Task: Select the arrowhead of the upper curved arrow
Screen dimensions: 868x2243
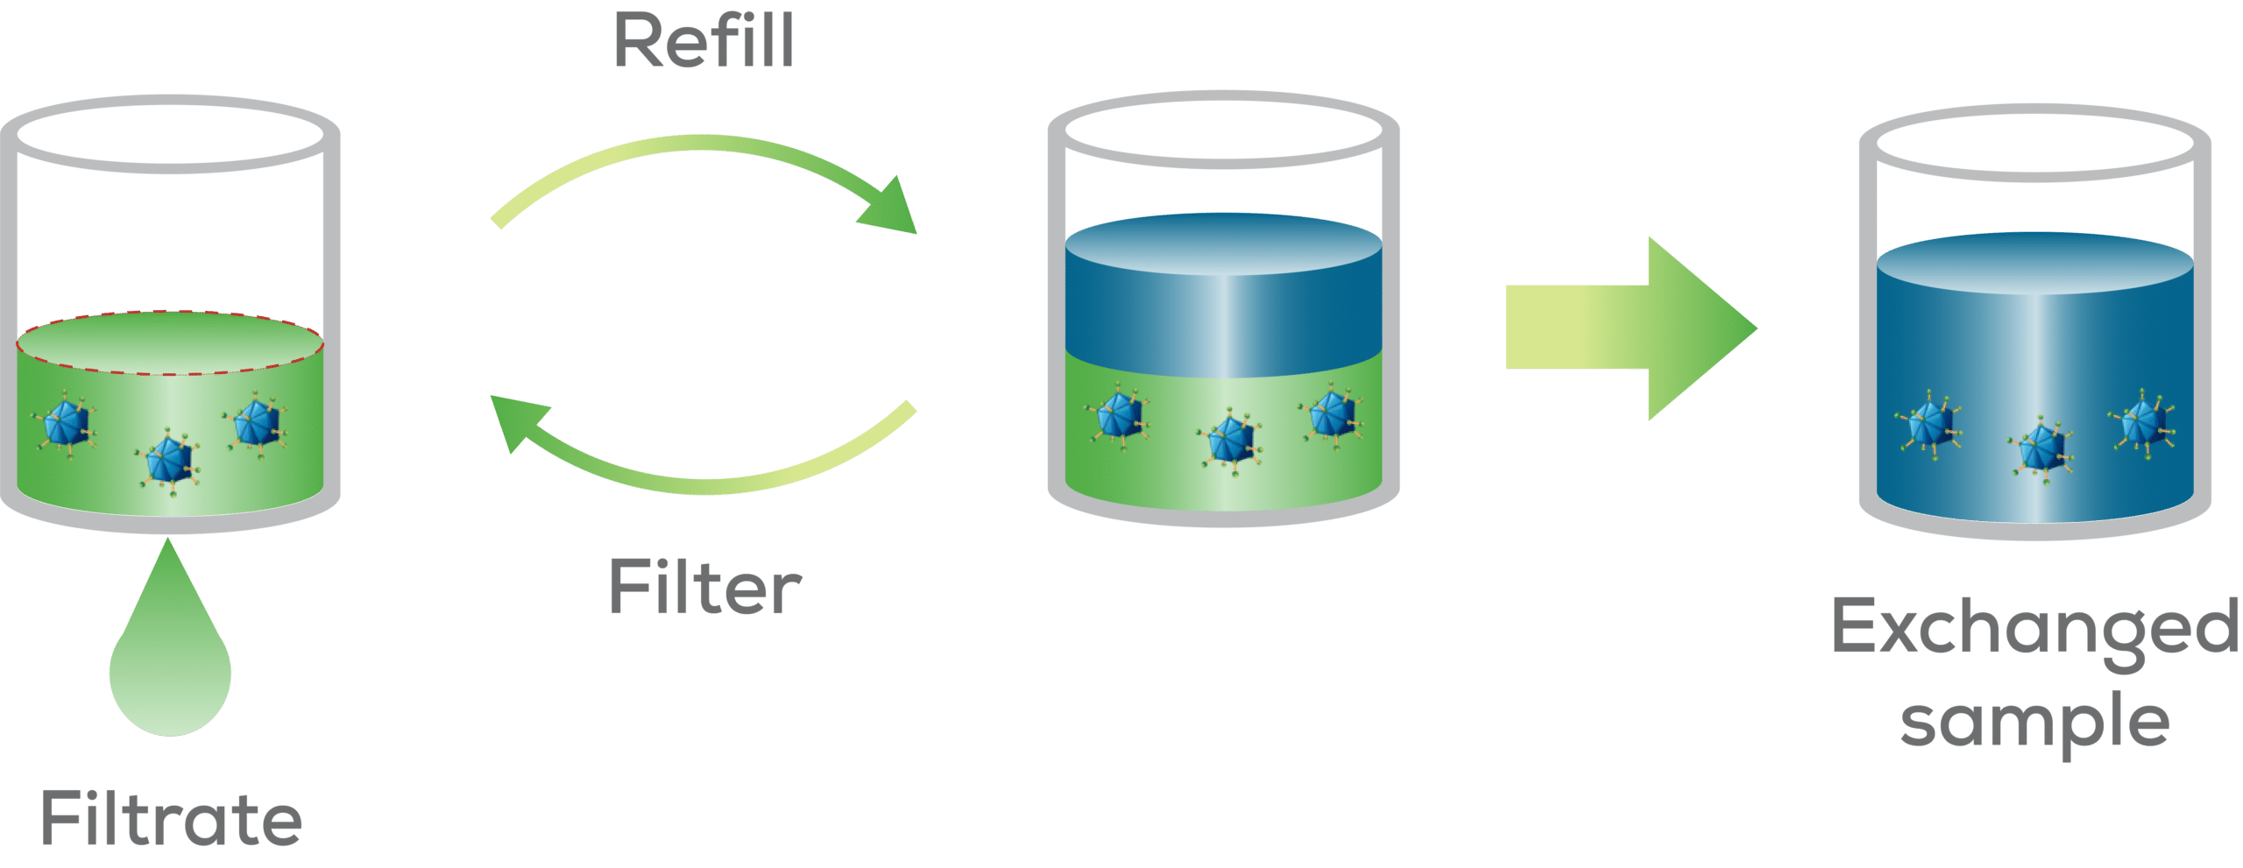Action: pyautogui.click(x=889, y=208)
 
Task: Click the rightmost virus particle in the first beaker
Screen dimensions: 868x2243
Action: pyautogui.click(x=256, y=423)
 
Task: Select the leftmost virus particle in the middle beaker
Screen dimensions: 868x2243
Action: pyautogui.click(x=1119, y=414)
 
